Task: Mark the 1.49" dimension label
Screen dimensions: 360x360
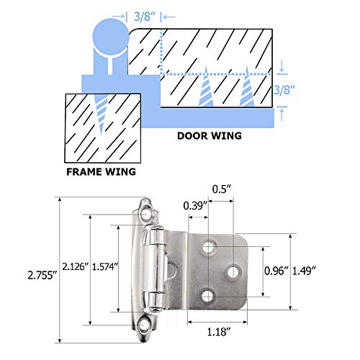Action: [x=317, y=271]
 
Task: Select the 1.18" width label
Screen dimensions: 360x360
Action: [x=216, y=332]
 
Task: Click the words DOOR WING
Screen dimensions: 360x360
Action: [x=210, y=135]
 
